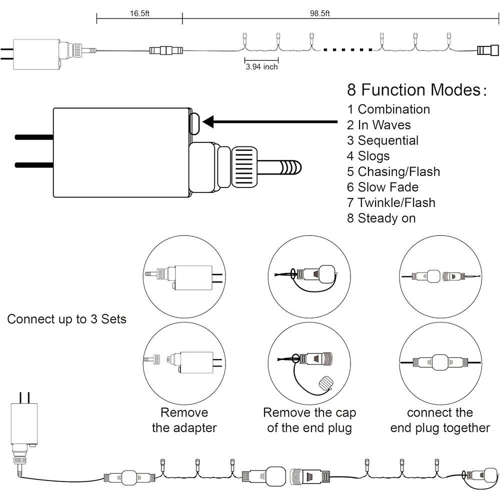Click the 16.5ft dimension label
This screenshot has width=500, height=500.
139,13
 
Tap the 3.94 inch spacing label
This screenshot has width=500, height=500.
261,66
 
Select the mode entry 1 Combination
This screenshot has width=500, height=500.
388,109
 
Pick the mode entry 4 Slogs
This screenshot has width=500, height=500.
368,156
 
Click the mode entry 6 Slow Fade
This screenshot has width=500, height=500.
383,187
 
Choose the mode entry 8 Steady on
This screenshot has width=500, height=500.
381,218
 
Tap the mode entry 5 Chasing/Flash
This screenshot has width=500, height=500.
393,171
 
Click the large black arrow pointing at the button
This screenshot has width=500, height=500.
270,121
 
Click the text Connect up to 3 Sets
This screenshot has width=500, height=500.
66,319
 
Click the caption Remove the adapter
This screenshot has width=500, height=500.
184,420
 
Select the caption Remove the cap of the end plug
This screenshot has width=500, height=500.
309,420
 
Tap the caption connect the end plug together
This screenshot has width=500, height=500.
440,420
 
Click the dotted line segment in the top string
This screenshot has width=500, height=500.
348,49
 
